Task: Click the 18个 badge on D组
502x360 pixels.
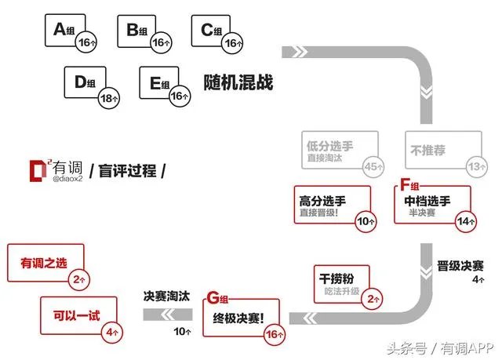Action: point(109,98)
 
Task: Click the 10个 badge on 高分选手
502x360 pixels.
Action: point(366,222)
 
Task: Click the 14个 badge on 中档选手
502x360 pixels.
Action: point(467,222)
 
